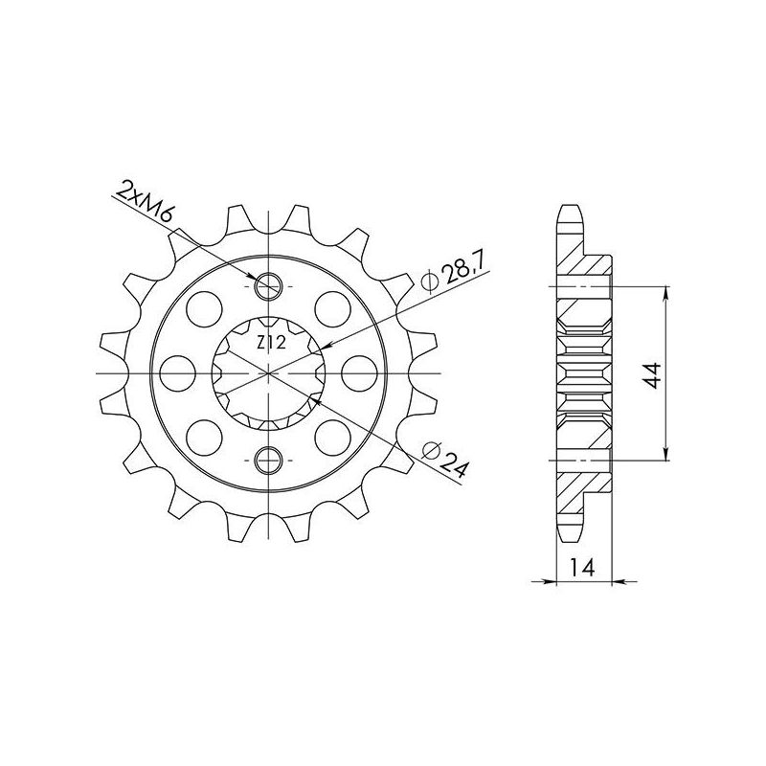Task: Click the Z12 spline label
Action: click(271, 343)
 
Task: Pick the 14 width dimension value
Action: click(581, 568)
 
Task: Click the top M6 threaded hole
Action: click(268, 286)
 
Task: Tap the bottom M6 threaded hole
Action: click(268, 461)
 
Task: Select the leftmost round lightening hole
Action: click(178, 373)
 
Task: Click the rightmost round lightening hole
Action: click(359, 373)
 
